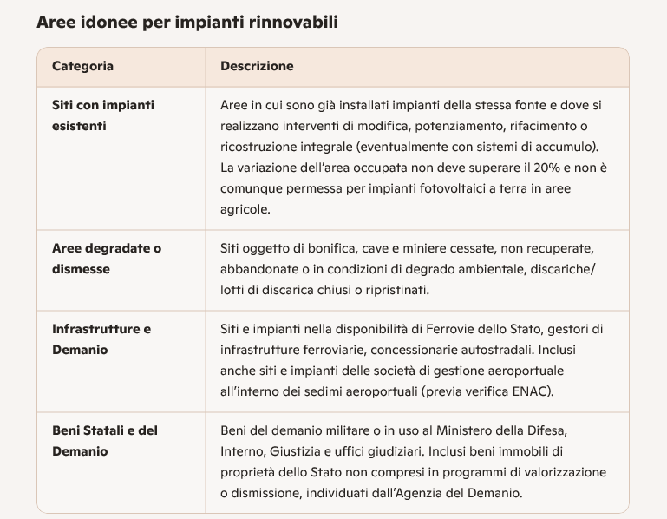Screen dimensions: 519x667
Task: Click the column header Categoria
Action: [x=82, y=66]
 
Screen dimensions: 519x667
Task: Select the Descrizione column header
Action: [x=257, y=66]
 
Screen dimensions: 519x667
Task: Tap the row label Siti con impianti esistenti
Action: [x=103, y=115]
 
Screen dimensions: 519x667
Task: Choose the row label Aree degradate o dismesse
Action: [x=107, y=259]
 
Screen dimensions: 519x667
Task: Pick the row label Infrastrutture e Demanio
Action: [x=101, y=339]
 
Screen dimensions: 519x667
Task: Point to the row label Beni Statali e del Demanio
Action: [x=105, y=441]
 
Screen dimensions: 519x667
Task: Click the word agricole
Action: [x=245, y=209]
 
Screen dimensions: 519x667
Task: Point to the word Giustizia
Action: [x=297, y=451]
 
